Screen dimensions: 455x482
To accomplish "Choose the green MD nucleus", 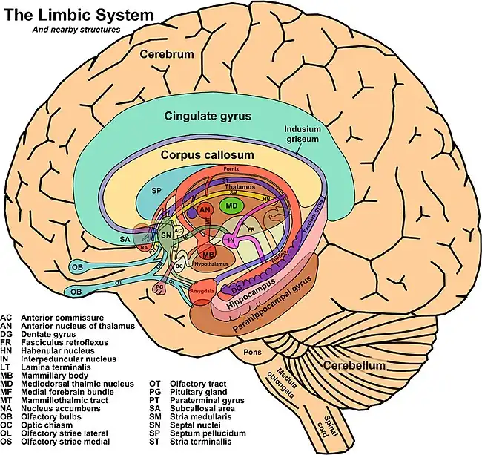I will pyautogui.click(x=231, y=204).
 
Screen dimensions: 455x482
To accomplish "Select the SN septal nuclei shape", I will pyautogui.click(x=167, y=236).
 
